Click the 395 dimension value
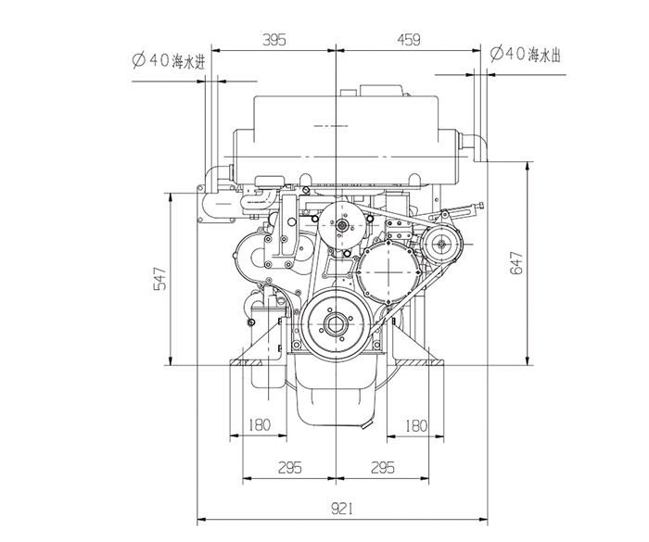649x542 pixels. tap(274, 40)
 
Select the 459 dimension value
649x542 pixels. tap(409, 40)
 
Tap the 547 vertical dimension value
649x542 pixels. tap(160, 279)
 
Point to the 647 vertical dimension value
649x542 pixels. tap(516, 263)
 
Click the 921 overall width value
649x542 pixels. tap(342, 509)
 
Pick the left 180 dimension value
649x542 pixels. tap(260, 425)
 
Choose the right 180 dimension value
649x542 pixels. tap(416, 426)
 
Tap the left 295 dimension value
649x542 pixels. tap(289, 468)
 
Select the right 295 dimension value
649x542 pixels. tap(383, 468)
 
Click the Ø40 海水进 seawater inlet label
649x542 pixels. tap(169, 61)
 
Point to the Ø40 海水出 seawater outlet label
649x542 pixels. tap(526, 54)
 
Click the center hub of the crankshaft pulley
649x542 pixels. tap(335, 325)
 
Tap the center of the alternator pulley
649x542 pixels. tap(441, 244)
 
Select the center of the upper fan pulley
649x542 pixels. tap(342, 225)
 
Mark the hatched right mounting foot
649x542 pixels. tap(419, 363)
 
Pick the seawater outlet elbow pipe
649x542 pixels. tap(475, 147)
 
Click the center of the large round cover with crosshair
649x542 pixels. tap(389, 271)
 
